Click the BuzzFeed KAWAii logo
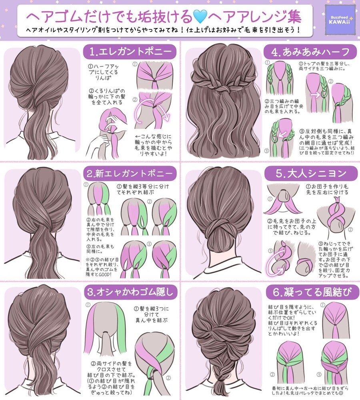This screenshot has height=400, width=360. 340,20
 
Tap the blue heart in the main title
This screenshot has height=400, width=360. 200,17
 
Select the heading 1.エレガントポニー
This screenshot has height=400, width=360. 130,52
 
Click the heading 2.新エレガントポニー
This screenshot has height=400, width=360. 130,174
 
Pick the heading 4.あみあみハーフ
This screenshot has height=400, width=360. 310,52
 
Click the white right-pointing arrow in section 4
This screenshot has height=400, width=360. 315,95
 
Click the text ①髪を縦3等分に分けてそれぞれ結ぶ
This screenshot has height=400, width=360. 143,189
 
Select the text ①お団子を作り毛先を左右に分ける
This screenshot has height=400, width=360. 327,189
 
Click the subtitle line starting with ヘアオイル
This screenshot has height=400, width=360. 163,30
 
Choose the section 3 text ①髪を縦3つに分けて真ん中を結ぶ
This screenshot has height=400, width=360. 151,314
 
